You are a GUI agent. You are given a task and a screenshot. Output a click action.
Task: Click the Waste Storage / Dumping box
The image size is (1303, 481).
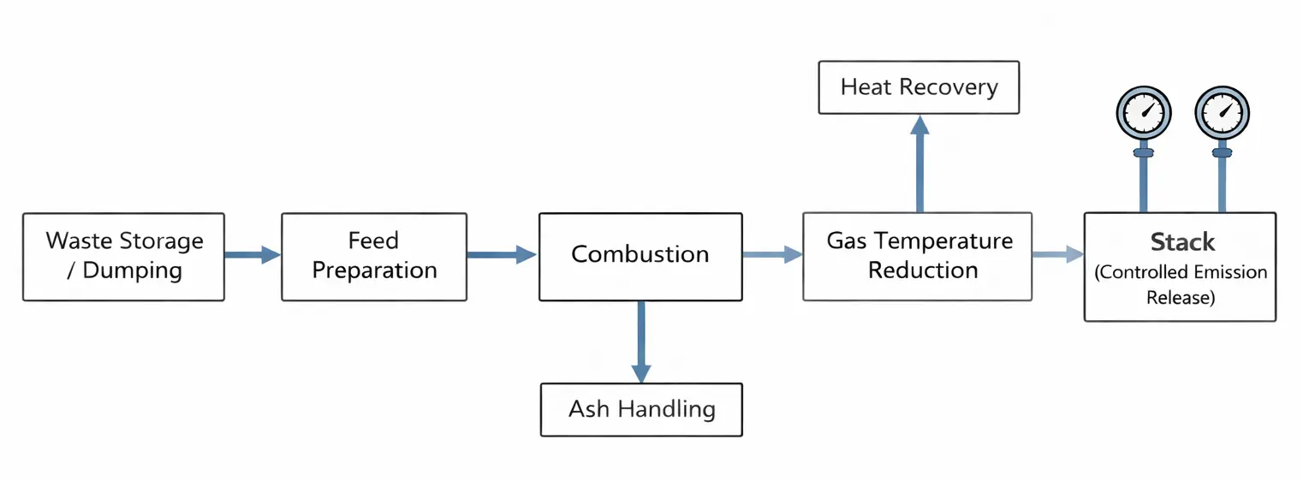coord(123,257)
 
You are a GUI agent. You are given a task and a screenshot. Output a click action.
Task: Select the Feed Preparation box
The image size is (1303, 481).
coord(374,257)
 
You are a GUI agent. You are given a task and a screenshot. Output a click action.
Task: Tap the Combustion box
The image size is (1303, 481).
coord(640,257)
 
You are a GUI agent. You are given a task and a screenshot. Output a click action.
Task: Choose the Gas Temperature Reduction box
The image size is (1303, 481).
coord(918,257)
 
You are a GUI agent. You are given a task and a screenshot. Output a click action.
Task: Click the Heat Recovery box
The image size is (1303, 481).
coord(919,87)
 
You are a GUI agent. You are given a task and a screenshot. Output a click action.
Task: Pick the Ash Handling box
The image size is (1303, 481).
coord(641,410)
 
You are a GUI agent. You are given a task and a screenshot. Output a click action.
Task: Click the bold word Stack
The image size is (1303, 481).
coord(1182,242)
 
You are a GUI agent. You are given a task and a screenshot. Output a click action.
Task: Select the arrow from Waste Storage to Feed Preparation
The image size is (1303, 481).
coord(252,254)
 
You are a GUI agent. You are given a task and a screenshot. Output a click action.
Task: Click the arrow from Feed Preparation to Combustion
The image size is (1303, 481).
coord(501,254)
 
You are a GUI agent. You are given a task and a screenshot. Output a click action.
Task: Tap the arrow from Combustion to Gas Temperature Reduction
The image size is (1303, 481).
coord(771,254)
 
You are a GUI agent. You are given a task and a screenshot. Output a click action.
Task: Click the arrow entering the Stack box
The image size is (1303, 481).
coord(1057,254)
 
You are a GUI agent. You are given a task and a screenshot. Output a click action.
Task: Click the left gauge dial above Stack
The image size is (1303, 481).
coord(1144,112)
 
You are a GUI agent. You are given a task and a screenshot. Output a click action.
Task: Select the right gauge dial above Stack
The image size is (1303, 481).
coord(1222,112)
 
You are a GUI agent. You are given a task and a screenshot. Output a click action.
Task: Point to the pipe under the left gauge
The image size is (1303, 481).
coord(1144,184)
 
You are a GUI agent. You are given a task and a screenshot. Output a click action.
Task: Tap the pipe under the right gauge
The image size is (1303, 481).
coord(1222,184)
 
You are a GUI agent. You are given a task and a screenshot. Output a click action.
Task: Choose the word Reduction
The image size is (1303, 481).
coord(923,270)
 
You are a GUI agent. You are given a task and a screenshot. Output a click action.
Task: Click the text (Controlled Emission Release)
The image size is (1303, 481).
coord(1181,285)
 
